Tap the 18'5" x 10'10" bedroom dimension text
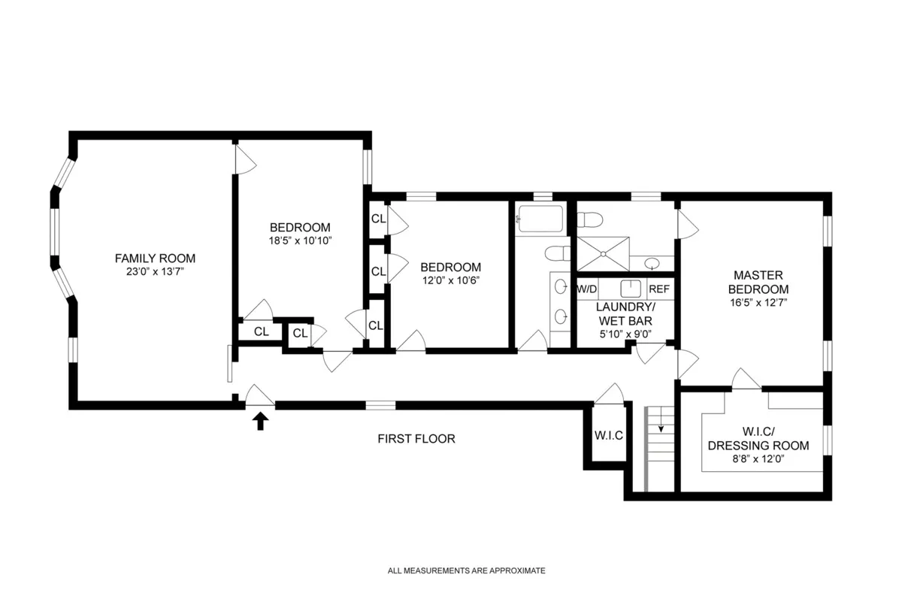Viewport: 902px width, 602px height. [300, 241]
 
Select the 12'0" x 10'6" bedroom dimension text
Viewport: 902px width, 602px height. [450, 280]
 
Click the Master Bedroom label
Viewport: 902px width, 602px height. [761, 282]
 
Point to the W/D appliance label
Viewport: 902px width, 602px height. [587, 289]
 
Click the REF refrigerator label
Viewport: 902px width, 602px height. [658, 289]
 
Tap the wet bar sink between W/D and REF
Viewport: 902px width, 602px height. [629, 289]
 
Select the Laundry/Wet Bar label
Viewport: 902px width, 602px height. [625, 314]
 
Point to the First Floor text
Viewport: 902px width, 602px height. [416, 439]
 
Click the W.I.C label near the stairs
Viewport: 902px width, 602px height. [608, 435]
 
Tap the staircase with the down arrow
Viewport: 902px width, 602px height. [661, 447]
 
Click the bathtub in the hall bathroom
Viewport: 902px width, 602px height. [539, 220]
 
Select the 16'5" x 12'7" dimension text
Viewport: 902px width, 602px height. [761, 304]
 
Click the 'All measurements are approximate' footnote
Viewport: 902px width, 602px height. [466, 571]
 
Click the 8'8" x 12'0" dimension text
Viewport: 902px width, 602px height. [758, 459]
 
